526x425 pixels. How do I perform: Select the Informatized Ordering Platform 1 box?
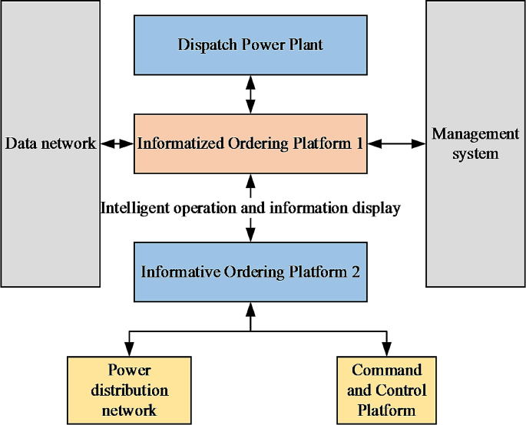pyautogui.click(x=250, y=143)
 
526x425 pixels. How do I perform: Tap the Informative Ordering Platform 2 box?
pyautogui.click(x=250, y=272)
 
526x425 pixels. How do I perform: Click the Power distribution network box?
pyautogui.click(x=129, y=390)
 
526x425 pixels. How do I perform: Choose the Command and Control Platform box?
pyautogui.click(x=386, y=390)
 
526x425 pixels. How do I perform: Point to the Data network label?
pyautogui.click(x=51, y=143)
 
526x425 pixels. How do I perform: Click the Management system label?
pyautogui.click(x=475, y=143)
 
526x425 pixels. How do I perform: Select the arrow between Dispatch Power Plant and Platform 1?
pyautogui.click(x=250, y=94)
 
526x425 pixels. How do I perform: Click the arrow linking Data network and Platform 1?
pyautogui.click(x=117, y=143)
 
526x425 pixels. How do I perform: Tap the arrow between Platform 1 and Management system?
pyautogui.click(x=396, y=143)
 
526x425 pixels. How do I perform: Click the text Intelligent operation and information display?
pyautogui.click(x=250, y=208)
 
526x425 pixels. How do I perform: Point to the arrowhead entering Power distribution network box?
pyautogui.click(x=129, y=342)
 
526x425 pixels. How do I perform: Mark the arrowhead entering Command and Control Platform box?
pyautogui.click(x=386, y=342)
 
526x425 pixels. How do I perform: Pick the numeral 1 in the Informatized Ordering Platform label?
pyautogui.click(x=359, y=143)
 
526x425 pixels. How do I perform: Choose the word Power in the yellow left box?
pyautogui.click(x=129, y=371)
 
